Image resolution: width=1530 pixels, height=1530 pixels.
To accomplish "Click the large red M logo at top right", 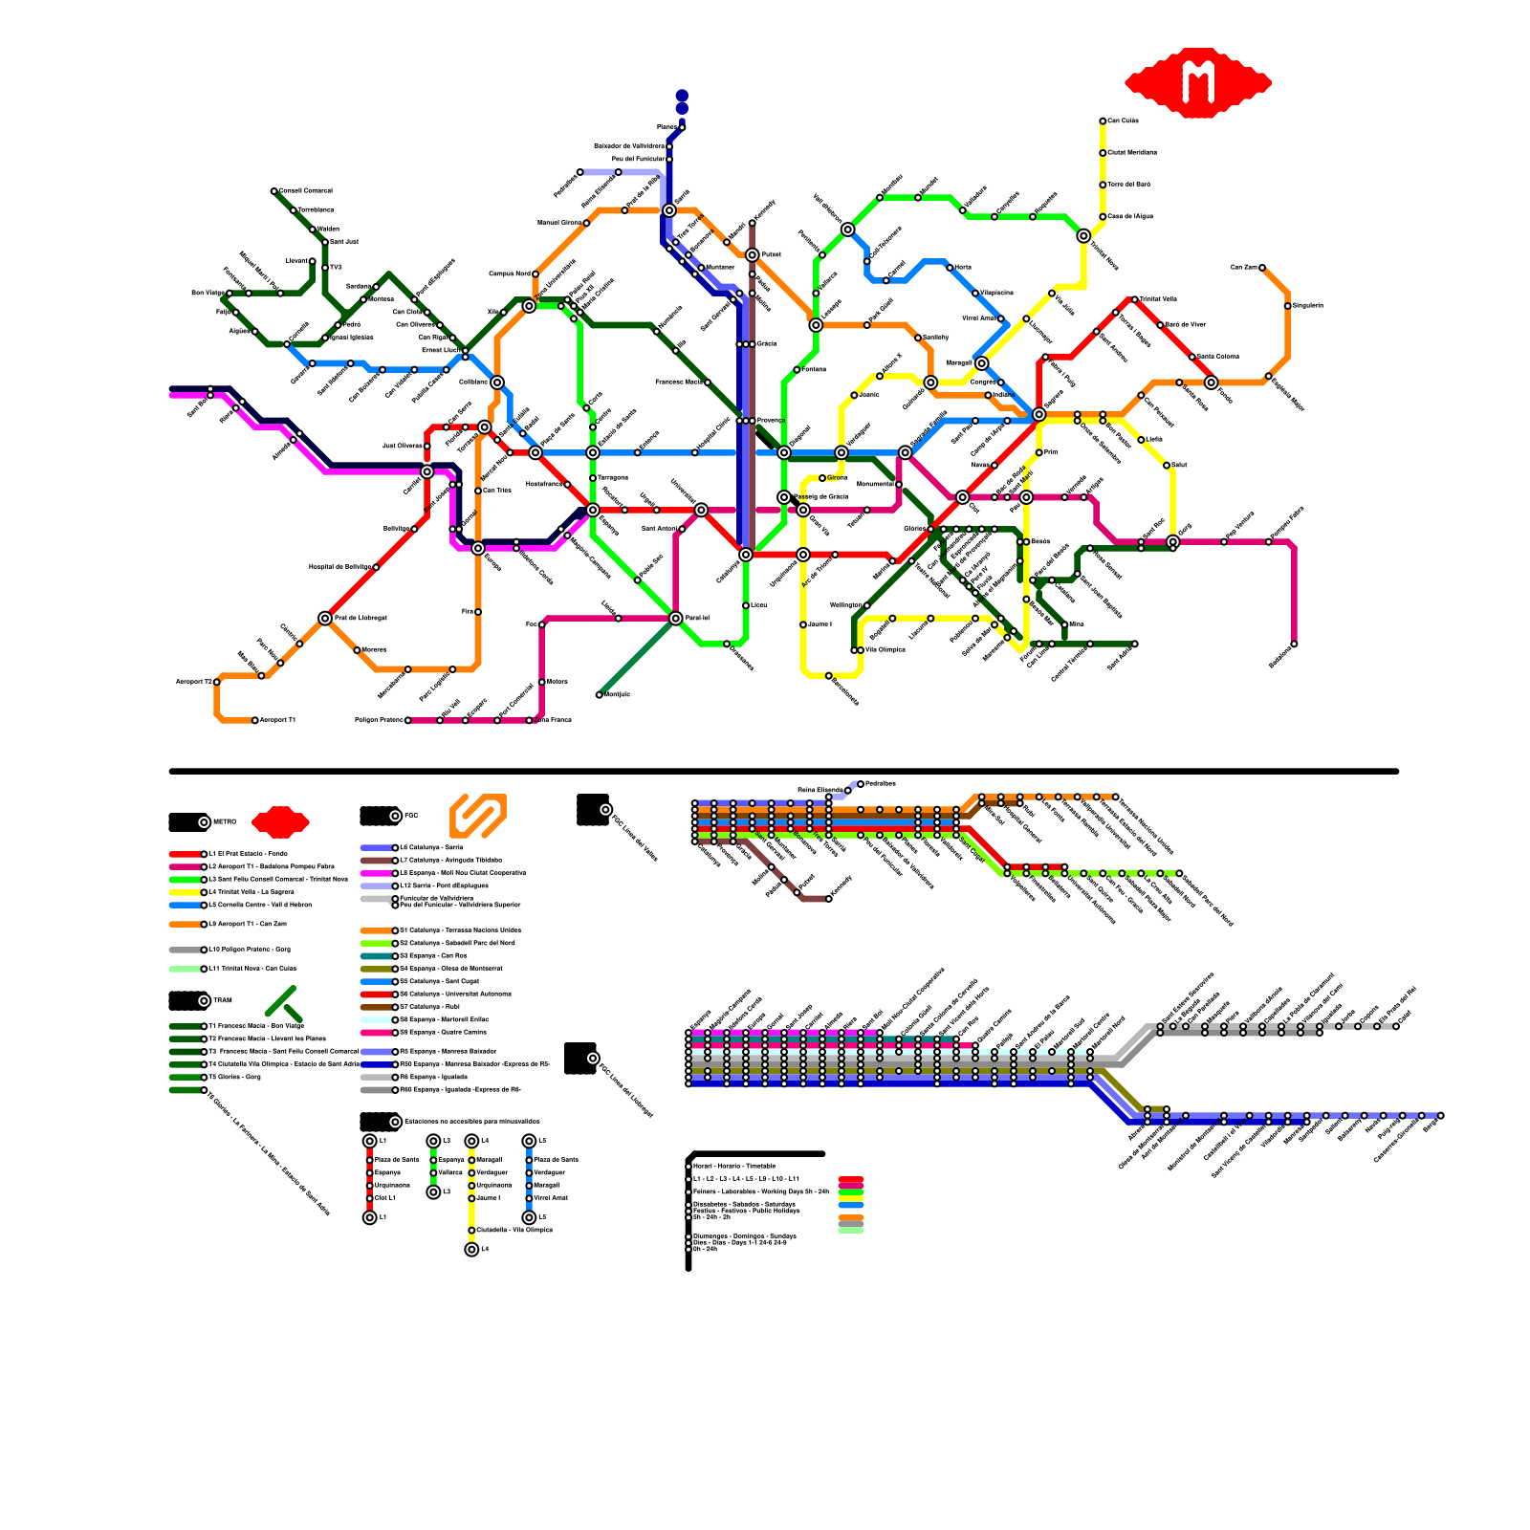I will (1197, 82).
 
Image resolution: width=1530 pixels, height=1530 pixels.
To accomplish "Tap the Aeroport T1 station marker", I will (255, 720).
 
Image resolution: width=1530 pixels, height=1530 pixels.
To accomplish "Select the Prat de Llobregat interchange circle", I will (325, 619).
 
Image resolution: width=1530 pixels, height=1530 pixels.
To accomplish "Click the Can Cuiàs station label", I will (1124, 120).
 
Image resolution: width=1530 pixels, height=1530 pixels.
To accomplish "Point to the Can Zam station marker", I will (1262, 268).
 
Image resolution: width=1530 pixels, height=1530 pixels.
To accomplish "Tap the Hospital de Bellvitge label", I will (339, 567).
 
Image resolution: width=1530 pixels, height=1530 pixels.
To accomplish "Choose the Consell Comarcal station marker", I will (274, 191).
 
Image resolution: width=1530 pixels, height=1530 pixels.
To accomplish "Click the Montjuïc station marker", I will (600, 695).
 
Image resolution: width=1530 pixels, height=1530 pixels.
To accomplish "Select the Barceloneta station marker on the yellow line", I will (828, 676).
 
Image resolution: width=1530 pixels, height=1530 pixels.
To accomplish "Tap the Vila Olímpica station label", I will (885, 650).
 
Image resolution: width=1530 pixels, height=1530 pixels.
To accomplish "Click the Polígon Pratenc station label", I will (379, 720).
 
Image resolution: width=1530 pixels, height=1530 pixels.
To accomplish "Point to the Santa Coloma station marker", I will (1192, 357).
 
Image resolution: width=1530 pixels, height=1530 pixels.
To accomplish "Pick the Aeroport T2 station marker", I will (217, 682).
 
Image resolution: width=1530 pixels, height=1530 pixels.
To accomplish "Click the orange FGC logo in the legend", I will (478, 816).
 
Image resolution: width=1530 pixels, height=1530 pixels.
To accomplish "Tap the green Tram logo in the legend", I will (284, 1003).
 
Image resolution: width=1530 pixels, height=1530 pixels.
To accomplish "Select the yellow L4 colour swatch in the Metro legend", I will (186, 892).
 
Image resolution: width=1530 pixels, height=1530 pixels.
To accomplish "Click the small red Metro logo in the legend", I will (280, 821).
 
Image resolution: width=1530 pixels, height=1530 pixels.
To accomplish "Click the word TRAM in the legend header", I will (222, 1001).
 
